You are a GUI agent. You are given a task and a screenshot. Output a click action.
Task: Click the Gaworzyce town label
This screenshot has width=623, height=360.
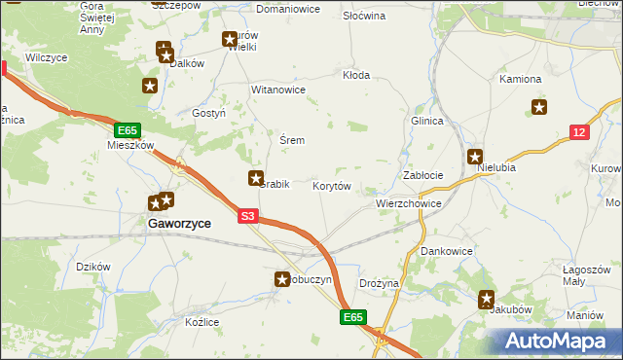(x=179, y=223)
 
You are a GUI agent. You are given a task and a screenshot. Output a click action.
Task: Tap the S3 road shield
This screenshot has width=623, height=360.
(x=248, y=217)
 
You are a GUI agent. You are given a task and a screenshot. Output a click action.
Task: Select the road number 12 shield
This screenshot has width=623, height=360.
(x=579, y=132)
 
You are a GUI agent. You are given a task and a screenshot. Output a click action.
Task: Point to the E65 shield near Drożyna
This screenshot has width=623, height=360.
(x=353, y=317)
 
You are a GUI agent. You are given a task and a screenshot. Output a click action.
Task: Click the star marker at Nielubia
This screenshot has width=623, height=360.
(x=475, y=157)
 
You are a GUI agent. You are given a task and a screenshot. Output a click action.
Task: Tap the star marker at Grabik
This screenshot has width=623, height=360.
(x=256, y=178)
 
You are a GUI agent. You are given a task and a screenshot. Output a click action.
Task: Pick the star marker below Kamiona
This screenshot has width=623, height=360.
(x=539, y=108)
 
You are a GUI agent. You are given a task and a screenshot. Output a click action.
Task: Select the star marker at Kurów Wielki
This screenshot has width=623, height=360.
(x=230, y=40)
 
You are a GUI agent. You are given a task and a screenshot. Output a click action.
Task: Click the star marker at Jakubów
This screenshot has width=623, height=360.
(x=486, y=300)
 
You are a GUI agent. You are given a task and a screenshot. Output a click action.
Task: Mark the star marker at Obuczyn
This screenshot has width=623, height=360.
(x=280, y=279)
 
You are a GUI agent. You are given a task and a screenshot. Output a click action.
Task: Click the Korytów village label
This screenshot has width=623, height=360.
(x=332, y=185)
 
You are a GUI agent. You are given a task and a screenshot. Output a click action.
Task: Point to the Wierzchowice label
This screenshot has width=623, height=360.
(x=409, y=204)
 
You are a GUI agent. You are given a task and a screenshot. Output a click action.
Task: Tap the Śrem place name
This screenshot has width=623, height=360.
(x=292, y=140)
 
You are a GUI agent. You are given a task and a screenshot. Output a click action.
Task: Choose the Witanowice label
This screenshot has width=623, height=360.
(x=279, y=90)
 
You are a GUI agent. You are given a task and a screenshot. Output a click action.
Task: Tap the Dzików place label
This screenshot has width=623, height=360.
(x=93, y=267)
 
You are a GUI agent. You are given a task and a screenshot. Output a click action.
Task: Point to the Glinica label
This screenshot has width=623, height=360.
(x=427, y=121)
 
